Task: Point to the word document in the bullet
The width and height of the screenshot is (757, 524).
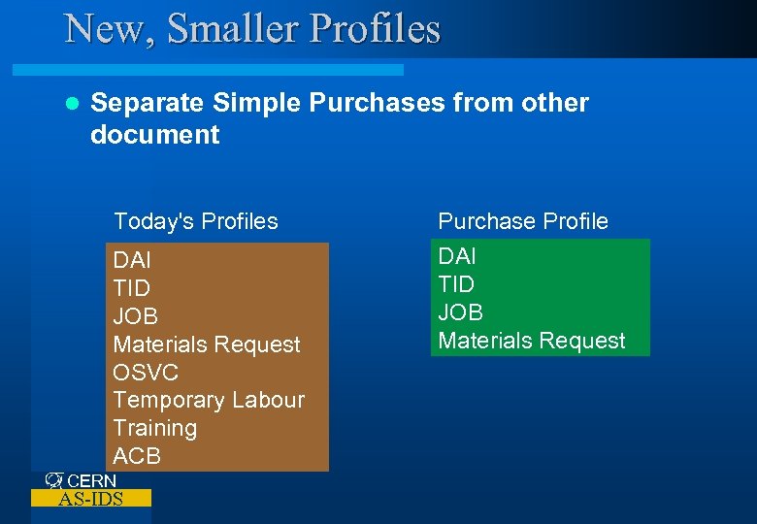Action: click(x=154, y=134)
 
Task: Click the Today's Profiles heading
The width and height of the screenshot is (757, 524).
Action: click(x=195, y=221)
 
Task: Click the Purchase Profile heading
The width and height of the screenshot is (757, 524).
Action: click(x=523, y=221)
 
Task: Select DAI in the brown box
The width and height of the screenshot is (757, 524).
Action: click(x=132, y=260)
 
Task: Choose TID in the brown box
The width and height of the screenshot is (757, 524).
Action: click(x=132, y=288)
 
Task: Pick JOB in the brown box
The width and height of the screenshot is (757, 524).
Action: click(x=135, y=316)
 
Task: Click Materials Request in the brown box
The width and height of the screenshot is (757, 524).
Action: click(x=207, y=344)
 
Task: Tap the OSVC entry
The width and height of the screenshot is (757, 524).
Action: click(x=146, y=373)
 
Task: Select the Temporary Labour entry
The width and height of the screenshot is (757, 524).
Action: click(x=209, y=400)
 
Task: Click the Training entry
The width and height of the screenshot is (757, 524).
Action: click(x=154, y=428)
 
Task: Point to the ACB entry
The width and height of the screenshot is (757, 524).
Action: click(x=137, y=456)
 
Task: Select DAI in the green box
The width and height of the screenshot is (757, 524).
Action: click(x=457, y=256)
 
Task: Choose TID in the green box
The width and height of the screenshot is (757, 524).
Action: click(x=457, y=284)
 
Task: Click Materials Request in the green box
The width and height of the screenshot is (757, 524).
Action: click(x=532, y=341)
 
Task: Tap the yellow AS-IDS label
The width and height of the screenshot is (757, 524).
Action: click(x=90, y=499)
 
